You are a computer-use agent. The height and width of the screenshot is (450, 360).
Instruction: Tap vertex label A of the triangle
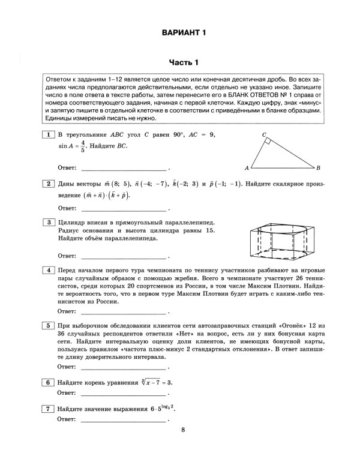point(247,168)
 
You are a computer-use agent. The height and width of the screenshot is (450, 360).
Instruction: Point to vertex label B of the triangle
point(319,168)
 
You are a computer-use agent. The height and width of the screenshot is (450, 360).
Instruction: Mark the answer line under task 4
point(125,313)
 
